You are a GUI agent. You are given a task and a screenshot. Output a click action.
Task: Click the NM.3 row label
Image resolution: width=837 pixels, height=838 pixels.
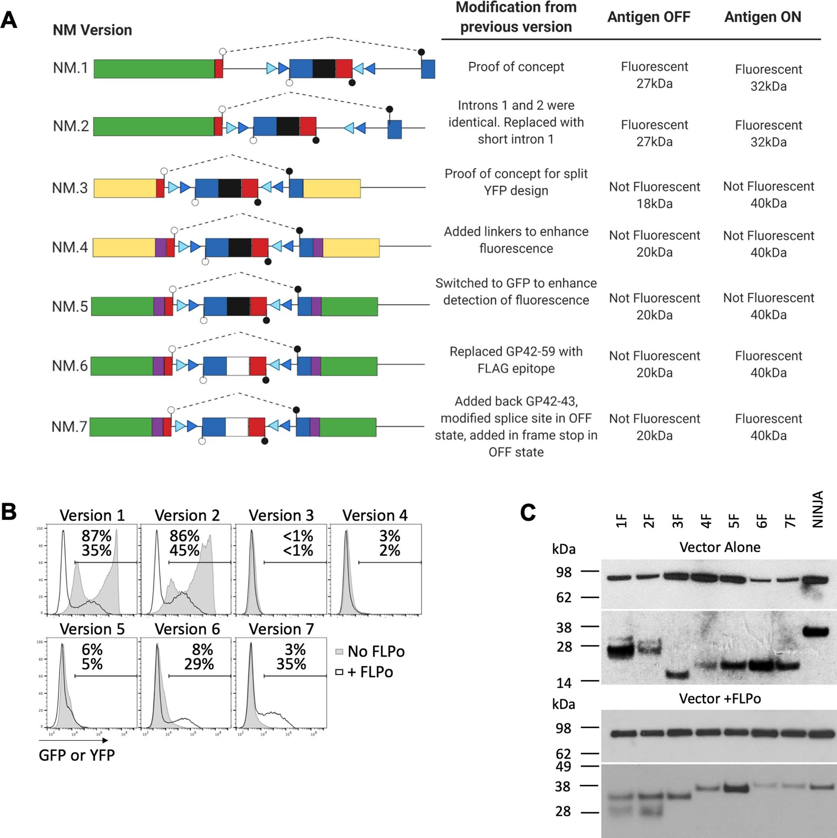click(x=69, y=188)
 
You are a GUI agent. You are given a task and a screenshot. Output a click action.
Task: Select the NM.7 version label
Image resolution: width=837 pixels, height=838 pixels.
click(x=69, y=427)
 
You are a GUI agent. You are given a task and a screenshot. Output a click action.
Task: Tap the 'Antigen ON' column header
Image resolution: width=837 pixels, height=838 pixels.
click(x=762, y=17)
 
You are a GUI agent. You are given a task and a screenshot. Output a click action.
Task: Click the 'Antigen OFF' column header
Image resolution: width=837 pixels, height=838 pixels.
click(x=648, y=17)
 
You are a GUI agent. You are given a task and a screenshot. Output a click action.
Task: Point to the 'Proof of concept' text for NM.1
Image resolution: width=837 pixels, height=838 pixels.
click(x=516, y=67)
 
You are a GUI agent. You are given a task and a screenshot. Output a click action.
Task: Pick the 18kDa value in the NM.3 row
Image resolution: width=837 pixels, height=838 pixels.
click(x=654, y=204)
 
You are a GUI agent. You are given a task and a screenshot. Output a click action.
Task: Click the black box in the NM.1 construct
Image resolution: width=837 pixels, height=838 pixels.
click(x=324, y=69)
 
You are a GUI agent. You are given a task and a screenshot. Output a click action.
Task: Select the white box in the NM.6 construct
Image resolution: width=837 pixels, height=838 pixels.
click(x=237, y=366)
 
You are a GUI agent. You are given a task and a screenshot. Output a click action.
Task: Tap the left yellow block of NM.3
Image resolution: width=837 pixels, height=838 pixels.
click(x=125, y=188)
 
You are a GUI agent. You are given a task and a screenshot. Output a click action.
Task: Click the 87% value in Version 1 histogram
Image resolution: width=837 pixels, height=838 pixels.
click(x=96, y=536)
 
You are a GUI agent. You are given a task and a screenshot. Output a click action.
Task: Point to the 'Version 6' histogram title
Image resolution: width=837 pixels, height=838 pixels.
click(x=187, y=629)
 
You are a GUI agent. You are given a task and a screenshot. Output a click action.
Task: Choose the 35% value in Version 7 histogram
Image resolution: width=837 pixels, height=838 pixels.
click(x=291, y=664)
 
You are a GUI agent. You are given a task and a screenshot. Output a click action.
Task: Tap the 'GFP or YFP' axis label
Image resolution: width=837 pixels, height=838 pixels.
click(x=77, y=755)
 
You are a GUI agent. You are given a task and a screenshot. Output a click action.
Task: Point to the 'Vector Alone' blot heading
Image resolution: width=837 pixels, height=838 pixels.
click(x=719, y=547)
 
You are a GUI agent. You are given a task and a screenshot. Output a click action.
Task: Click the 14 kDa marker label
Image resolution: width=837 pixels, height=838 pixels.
click(x=564, y=684)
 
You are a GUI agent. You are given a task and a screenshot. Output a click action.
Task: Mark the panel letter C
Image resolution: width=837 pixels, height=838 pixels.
click(x=527, y=512)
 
